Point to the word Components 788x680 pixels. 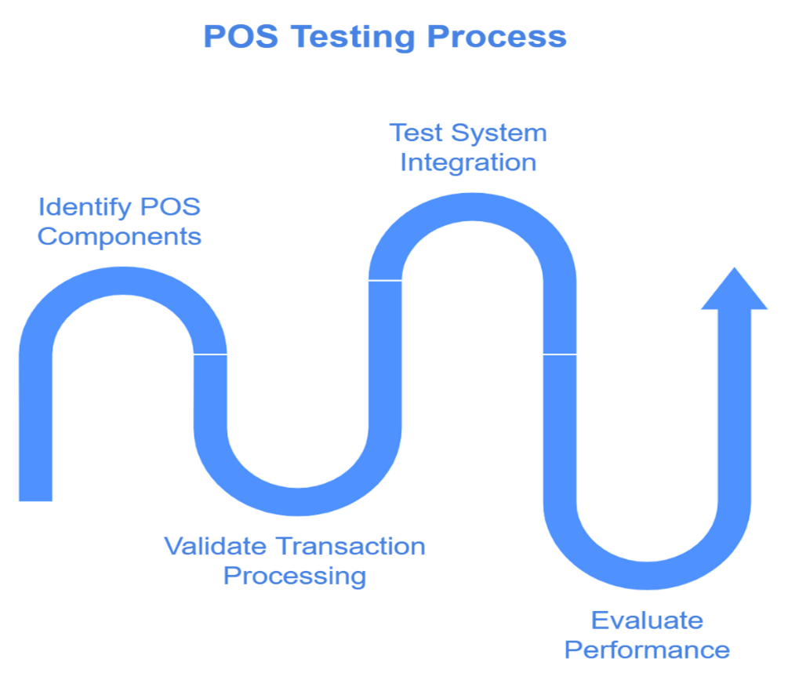(119, 236)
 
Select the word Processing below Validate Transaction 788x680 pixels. (295, 576)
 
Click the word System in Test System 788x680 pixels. (499, 133)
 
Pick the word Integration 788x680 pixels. (468, 162)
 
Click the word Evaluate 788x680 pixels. (646, 620)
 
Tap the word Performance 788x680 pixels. (648, 650)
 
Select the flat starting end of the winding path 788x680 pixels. (35, 494)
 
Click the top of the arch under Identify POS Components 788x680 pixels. (123, 283)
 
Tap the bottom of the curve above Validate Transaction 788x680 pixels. (298, 499)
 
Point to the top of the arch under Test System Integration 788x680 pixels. (473, 209)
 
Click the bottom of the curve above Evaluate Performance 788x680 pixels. (648, 573)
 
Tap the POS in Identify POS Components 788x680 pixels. (170, 207)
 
